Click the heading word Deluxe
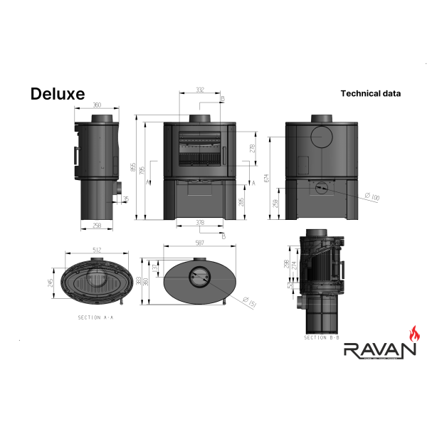coord(57,94)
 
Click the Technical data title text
coord(370,93)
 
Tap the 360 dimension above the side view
coord(97,105)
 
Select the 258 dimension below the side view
coord(97,226)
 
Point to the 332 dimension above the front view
coord(200,90)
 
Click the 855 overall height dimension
coord(132,167)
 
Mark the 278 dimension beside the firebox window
coord(252,148)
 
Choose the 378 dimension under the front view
coord(200,223)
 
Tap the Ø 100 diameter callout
coord(371,196)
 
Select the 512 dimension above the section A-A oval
coord(97,250)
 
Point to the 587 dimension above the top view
coord(200,243)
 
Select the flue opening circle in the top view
coord(200,278)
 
